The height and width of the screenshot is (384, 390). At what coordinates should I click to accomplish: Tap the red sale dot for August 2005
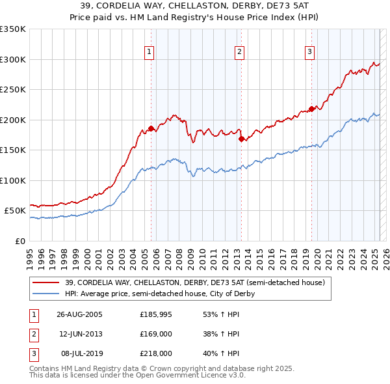point(151,128)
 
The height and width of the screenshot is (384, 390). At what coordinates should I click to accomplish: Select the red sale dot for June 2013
point(241,139)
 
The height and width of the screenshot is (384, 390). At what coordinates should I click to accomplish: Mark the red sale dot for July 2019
point(311,109)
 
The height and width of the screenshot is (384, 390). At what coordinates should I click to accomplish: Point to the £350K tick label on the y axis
point(12,29)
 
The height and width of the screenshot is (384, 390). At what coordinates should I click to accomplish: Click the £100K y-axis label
point(12,180)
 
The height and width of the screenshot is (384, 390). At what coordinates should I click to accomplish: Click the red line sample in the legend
point(46,282)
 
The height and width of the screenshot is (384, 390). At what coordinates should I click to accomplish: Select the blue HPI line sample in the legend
point(46,294)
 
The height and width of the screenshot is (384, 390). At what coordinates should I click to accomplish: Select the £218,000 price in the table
point(156,353)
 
